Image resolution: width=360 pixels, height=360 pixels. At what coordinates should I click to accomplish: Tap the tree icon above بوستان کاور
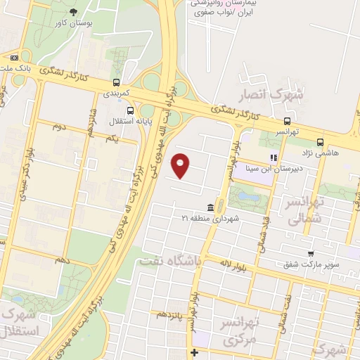pyautogui.click(x=75, y=12)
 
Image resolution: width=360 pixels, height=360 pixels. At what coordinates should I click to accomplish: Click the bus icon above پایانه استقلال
pyautogui.click(x=129, y=110)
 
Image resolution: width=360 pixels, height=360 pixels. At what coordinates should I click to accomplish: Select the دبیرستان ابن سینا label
pyautogui.click(x=276, y=168)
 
